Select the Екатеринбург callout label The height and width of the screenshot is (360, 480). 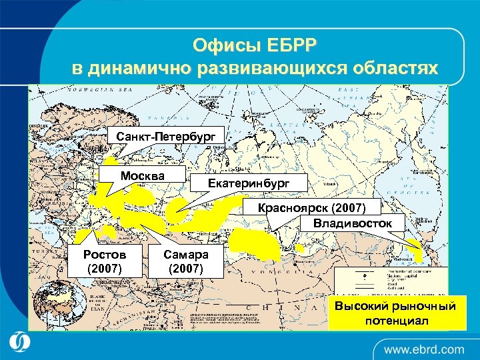(x=240, y=181)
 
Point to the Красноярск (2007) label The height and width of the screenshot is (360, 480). (x=321, y=208)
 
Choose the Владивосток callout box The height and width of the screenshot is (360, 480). (x=352, y=223)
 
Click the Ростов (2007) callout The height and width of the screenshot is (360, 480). (x=104, y=262)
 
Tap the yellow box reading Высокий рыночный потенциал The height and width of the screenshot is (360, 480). (x=395, y=313)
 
